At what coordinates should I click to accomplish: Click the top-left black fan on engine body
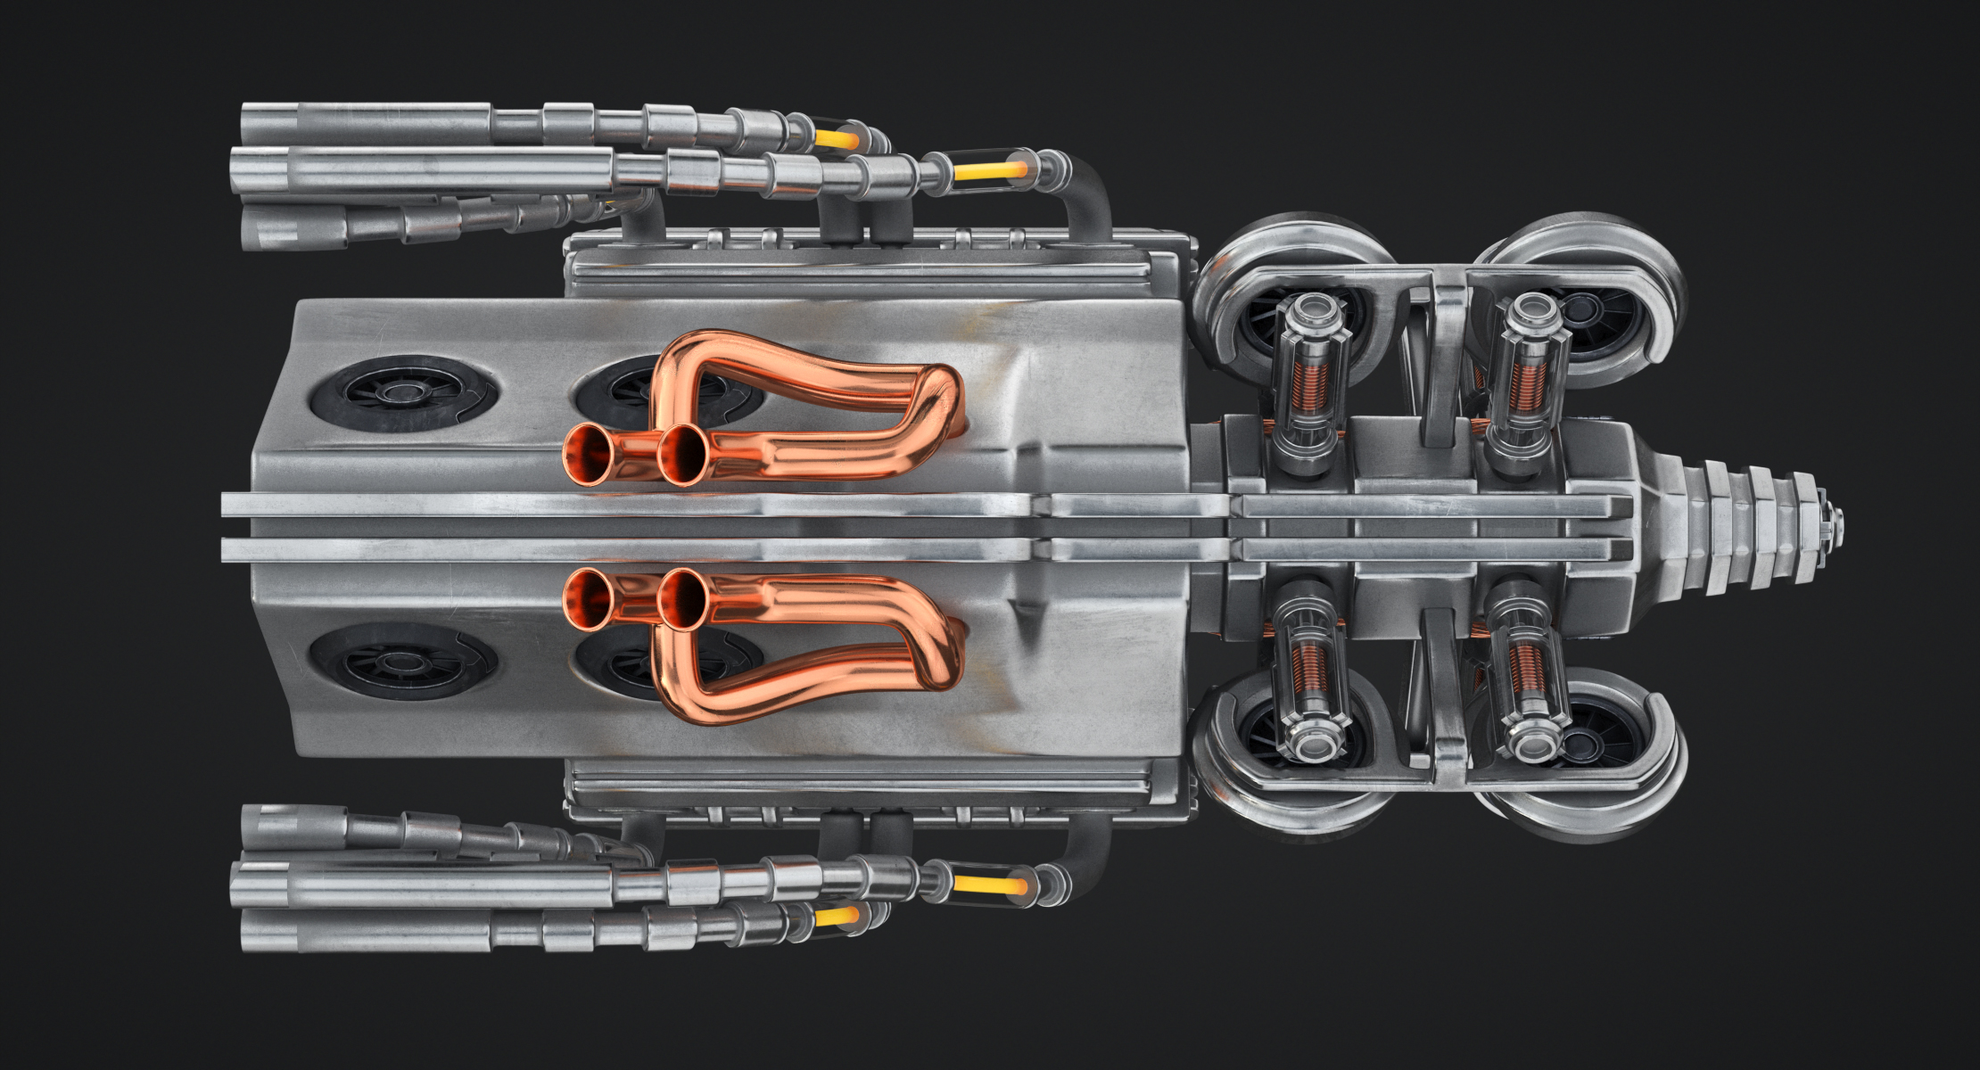pos(401,393)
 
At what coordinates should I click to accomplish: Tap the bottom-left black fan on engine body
pos(401,662)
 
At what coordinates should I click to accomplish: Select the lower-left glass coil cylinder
pos(1309,678)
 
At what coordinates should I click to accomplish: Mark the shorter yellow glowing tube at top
pos(837,139)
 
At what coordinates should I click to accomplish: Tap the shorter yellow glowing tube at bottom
pos(837,917)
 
